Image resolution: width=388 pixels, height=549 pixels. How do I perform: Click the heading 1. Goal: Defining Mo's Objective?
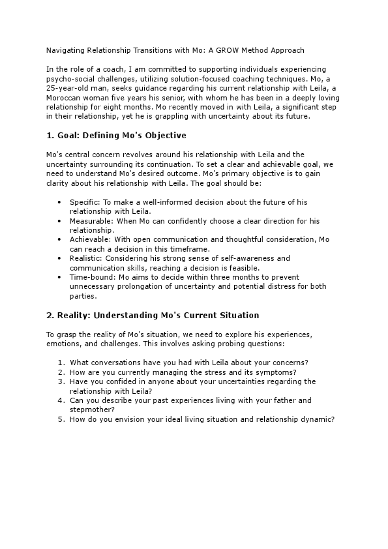pyautogui.click(x=116, y=136)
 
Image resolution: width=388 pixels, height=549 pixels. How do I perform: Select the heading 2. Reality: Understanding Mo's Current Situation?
pyautogui.click(x=143, y=315)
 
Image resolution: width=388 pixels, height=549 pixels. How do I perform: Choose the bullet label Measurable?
pyautogui.click(x=91, y=221)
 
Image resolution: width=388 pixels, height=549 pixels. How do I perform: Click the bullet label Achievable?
pyautogui.click(x=91, y=239)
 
